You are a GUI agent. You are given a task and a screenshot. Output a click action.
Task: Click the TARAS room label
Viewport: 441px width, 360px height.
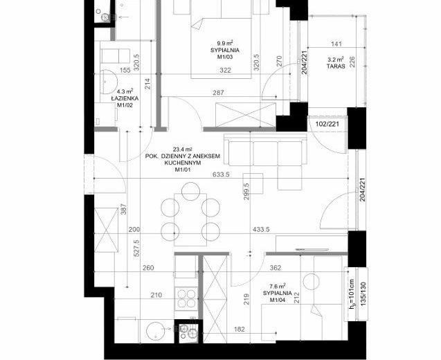point(336,66)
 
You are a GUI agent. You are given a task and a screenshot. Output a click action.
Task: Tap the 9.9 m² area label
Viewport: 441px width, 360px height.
point(225,44)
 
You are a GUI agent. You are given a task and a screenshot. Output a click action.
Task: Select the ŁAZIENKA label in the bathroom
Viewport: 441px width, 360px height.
point(125,98)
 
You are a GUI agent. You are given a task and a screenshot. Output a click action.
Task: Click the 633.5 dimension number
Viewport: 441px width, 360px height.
point(222,174)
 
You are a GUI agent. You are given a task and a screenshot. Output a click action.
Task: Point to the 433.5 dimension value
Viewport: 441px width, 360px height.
point(261,230)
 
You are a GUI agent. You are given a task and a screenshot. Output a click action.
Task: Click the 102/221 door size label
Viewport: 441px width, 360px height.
point(327,124)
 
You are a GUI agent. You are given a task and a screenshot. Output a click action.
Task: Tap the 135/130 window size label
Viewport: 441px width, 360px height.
point(363,294)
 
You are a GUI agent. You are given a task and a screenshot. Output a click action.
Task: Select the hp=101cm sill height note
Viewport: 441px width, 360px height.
point(352,294)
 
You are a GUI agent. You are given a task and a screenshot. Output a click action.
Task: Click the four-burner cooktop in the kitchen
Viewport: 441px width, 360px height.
point(186,298)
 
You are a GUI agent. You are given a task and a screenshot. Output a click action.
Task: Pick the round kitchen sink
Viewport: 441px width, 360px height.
point(156,331)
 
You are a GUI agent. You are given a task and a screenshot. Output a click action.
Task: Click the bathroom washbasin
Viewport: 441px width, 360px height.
point(109,82)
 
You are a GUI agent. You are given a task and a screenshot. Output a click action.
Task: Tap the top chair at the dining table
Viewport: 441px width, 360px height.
point(190,191)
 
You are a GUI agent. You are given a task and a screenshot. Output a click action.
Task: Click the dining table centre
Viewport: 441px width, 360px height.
point(190,219)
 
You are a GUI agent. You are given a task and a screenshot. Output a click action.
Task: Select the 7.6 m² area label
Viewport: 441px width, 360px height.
point(278,287)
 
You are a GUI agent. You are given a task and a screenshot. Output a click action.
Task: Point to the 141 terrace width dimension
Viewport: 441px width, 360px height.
point(336,44)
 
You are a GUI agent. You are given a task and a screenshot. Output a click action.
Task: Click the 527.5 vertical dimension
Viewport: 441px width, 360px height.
point(136,248)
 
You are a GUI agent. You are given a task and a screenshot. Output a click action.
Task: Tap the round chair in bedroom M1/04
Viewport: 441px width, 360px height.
point(312,281)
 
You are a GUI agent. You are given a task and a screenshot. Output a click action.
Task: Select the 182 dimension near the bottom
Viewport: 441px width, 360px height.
point(240,329)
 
